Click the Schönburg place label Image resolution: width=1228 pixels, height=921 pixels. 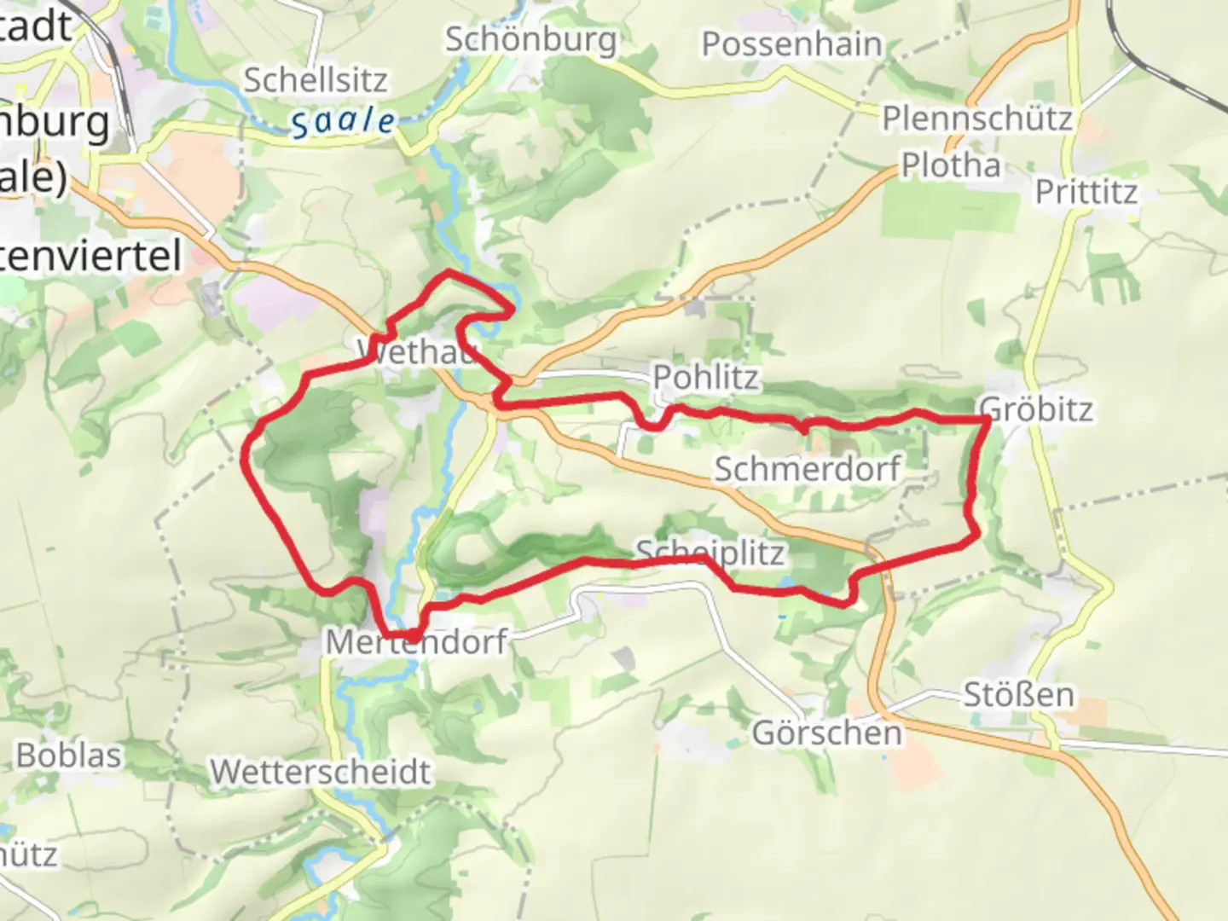click(x=530, y=40)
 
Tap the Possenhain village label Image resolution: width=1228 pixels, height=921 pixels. click(x=791, y=44)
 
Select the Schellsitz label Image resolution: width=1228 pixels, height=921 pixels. click(x=316, y=80)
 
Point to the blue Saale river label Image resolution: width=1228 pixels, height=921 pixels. click(x=343, y=122)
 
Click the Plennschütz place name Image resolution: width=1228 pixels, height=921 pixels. click(x=976, y=119)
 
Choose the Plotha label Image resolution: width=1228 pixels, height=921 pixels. click(x=951, y=165)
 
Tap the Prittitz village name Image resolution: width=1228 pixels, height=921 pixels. click(x=1086, y=192)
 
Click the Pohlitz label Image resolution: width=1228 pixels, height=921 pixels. click(x=705, y=377)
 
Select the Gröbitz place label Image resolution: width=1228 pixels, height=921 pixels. click(x=1036, y=409)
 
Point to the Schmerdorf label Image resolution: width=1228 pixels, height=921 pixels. click(x=807, y=468)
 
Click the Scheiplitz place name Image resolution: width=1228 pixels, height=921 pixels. click(x=710, y=553)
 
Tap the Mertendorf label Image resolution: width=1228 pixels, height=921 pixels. click(x=416, y=641)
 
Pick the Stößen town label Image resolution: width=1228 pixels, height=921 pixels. click(x=1018, y=695)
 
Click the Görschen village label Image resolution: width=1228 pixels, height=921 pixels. click(x=826, y=733)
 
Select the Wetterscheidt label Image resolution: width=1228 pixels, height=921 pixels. click(x=321, y=773)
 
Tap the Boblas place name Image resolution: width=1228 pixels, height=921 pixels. click(x=68, y=756)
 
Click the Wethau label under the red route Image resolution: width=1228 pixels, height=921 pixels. click(x=416, y=351)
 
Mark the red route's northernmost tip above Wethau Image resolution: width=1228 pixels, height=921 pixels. click(x=449, y=272)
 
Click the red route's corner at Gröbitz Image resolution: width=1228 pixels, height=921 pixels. click(x=988, y=420)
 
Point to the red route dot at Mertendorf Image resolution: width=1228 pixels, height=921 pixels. click(x=413, y=636)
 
